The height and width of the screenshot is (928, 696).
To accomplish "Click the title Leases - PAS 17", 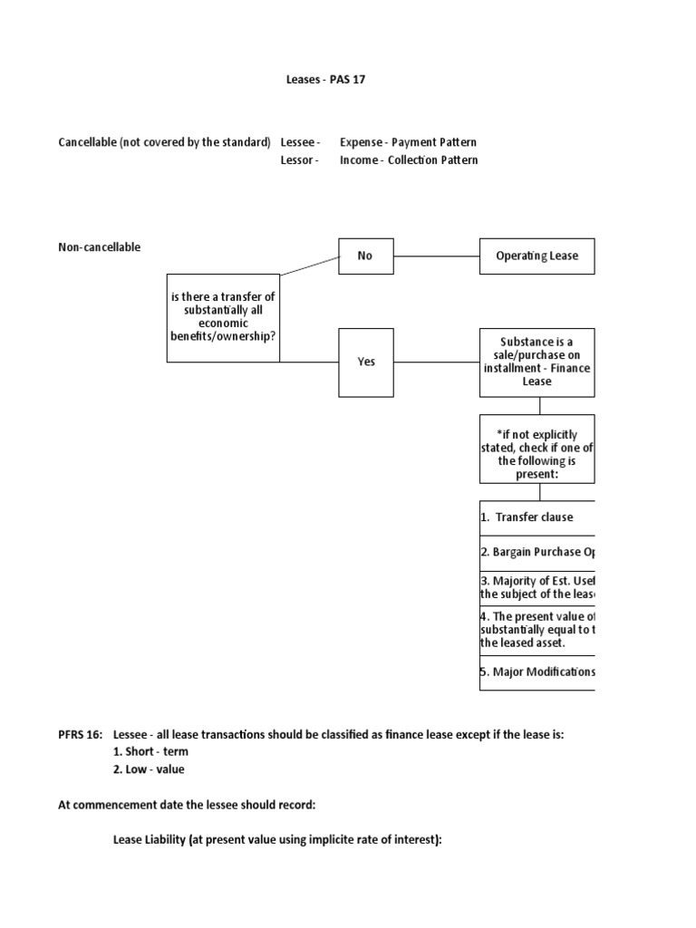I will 325,80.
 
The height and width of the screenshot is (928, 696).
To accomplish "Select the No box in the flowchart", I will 365,256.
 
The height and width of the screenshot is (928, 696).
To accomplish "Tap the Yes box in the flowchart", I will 366,362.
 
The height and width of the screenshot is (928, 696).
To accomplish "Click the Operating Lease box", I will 536,256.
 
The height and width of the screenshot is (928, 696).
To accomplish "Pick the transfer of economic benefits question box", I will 224,317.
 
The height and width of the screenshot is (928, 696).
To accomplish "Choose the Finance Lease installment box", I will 536,362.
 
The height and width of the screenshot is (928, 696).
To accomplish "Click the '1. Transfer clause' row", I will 536,517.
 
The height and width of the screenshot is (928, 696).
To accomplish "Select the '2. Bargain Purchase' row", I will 536,551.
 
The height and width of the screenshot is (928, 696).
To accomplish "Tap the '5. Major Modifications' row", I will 536,672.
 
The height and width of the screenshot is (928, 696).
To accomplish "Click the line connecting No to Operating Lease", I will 436,256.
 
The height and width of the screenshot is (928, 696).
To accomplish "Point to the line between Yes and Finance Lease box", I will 436,362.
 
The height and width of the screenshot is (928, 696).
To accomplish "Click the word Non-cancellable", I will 100,247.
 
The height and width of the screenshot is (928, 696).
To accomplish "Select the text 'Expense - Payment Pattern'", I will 408,142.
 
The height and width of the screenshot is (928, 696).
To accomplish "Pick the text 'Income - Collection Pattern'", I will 409,160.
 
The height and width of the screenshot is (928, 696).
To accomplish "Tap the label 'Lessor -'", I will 300,160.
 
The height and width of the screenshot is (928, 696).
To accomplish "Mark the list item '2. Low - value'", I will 149,769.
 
